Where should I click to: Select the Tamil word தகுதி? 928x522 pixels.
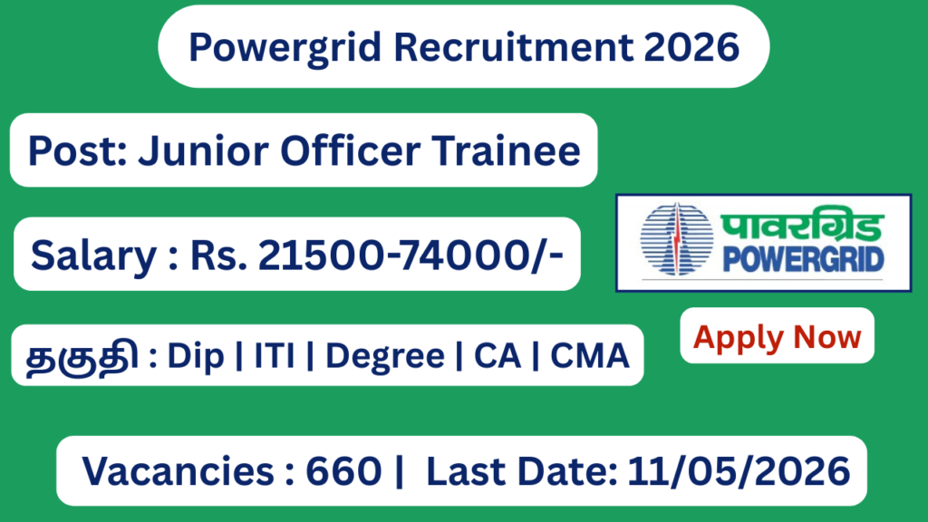pyautogui.click(x=82, y=356)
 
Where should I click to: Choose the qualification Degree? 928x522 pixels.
pyautogui.click(x=385, y=356)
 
